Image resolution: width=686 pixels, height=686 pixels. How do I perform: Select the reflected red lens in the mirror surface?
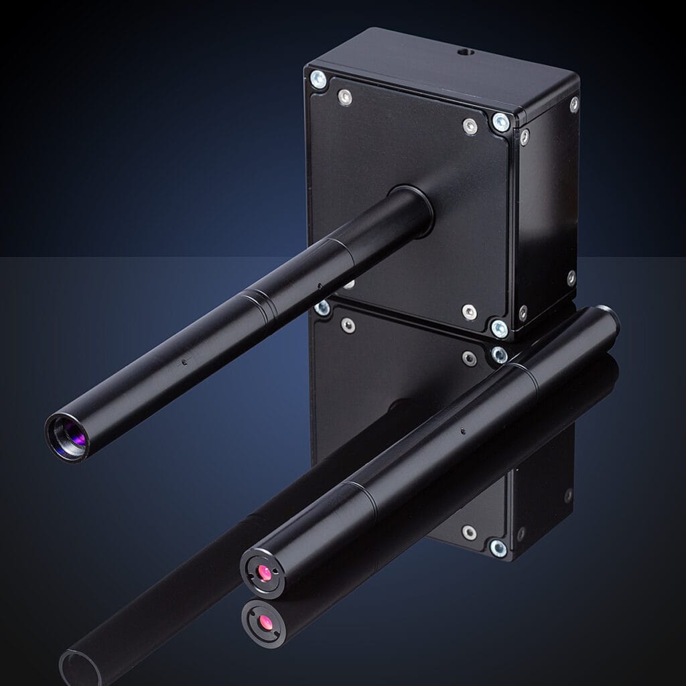point(266,623)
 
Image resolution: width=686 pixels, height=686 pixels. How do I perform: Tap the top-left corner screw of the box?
point(318,80)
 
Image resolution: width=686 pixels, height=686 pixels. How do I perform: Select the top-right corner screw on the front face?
point(500,122)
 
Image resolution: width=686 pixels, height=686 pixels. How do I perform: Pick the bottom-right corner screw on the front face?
point(499,328)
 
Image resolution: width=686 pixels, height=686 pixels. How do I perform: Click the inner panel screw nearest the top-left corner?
point(345,98)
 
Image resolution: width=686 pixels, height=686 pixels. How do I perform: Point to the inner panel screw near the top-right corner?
point(470,127)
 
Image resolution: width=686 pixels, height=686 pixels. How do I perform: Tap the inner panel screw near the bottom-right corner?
point(470,312)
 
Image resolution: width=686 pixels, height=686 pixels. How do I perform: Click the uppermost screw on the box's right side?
point(574,104)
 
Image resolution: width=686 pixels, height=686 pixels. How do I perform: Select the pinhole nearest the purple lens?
point(184,362)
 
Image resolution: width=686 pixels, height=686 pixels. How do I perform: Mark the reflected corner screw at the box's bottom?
point(498,547)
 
